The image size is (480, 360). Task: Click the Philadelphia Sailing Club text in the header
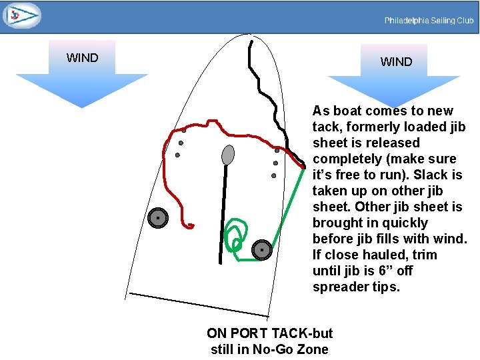(429, 21)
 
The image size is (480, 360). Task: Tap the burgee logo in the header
(21, 15)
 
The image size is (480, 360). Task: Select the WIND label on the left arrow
(82, 58)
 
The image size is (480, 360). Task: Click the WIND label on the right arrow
(396, 62)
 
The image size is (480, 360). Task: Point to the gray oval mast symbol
(228, 155)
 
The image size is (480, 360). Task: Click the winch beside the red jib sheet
(157, 218)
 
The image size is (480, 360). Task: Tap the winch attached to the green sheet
(263, 250)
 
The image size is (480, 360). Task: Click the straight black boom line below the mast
(223, 213)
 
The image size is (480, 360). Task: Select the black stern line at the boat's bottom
(199, 305)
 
